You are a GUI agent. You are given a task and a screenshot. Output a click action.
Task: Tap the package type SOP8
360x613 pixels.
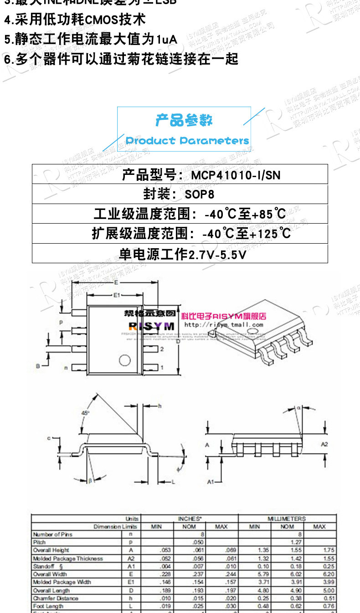click(x=199, y=194)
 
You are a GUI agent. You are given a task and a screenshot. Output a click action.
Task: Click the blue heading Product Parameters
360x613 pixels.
click(x=187, y=141)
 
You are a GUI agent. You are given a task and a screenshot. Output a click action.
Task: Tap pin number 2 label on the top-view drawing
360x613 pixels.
click(x=161, y=349)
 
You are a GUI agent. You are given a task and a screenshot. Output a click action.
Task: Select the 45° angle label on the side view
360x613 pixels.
click(x=85, y=413)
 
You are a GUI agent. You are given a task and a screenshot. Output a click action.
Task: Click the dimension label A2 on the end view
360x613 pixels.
click(x=324, y=444)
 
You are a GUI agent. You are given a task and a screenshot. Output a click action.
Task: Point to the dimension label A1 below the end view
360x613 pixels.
click(x=211, y=481)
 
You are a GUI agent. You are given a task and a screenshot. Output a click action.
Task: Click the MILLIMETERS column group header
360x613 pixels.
click(x=287, y=519)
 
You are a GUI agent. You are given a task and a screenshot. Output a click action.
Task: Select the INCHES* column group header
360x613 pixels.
click(x=190, y=519)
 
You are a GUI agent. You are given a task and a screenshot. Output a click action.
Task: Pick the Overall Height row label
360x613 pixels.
click(x=51, y=551)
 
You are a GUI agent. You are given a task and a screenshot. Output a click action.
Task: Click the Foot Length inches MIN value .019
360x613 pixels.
click(x=165, y=607)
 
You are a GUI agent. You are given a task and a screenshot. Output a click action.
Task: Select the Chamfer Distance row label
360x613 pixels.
click(x=56, y=598)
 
